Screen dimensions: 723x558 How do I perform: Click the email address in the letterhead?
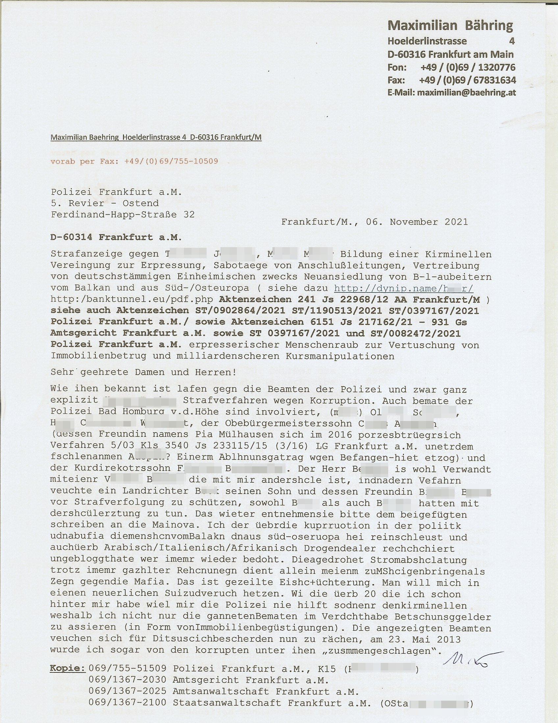coord(466,93)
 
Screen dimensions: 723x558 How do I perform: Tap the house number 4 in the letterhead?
coord(512,41)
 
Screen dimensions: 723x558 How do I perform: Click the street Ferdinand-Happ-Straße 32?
coord(123,215)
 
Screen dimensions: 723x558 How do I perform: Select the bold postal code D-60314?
coord(71,237)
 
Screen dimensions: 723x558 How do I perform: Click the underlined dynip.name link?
coord(403,288)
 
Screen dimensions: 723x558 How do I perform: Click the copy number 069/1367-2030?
coord(128,680)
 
